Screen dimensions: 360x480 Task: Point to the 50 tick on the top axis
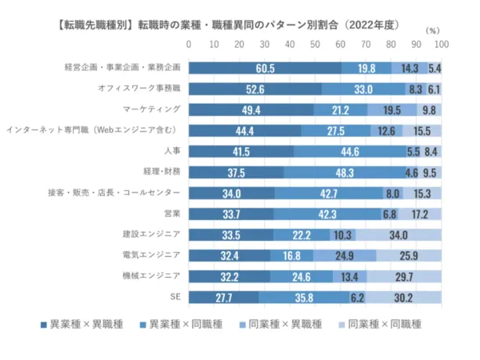point(316,45)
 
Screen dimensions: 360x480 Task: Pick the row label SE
point(176,297)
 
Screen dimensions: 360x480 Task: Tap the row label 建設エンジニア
point(151,234)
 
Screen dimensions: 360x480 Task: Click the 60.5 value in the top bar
point(265,68)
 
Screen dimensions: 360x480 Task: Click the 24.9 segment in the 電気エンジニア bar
point(345,255)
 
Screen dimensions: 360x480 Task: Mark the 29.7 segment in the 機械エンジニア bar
point(404,276)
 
